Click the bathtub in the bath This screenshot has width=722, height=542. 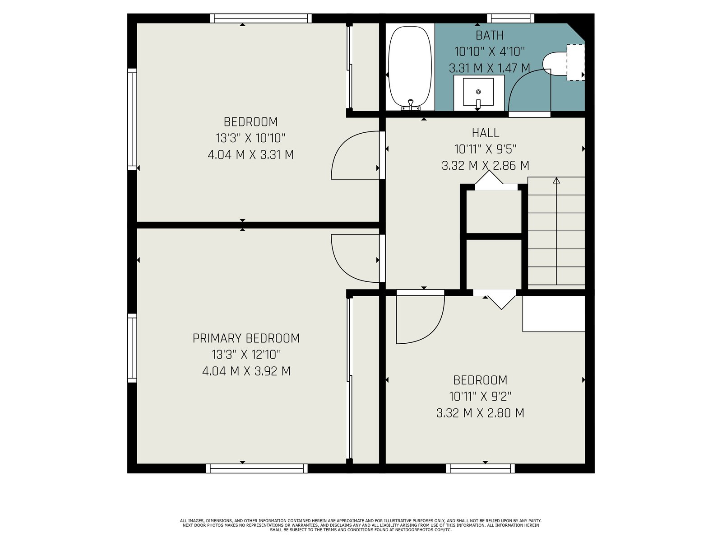410,67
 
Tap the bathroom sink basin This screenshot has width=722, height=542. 478,92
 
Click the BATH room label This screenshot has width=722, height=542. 490,35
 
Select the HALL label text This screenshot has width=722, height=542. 486,133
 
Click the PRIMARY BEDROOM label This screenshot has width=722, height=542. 246,338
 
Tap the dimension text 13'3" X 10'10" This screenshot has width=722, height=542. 250,138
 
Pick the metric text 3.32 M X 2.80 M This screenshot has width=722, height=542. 480,413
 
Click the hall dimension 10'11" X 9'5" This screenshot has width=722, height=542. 486,149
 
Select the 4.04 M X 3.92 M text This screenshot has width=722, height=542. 246,371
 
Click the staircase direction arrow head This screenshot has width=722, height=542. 556,180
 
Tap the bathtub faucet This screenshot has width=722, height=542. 411,105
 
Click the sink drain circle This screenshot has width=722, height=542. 478,92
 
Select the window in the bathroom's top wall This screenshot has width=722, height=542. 510,19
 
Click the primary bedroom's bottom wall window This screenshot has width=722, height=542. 257,468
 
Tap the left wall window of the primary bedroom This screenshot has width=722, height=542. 132,348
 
